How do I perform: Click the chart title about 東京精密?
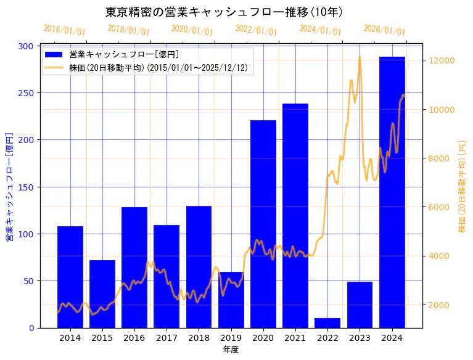click(x=224, y=12)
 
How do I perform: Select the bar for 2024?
click(x=392, y=191)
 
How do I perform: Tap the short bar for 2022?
click(x=327, y=323)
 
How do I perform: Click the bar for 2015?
click(x=102, y=293)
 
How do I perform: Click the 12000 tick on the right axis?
click(x=442, y=60)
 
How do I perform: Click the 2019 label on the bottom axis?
click(x=231, y=338)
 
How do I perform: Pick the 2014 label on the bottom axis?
click(x=70, y=338)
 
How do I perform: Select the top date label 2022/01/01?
click(x=256, y=30)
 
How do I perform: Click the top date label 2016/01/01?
click(x=64, y=30)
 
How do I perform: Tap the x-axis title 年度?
click(x=231, y=350)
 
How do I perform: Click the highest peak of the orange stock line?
click(x=360, y=57)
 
